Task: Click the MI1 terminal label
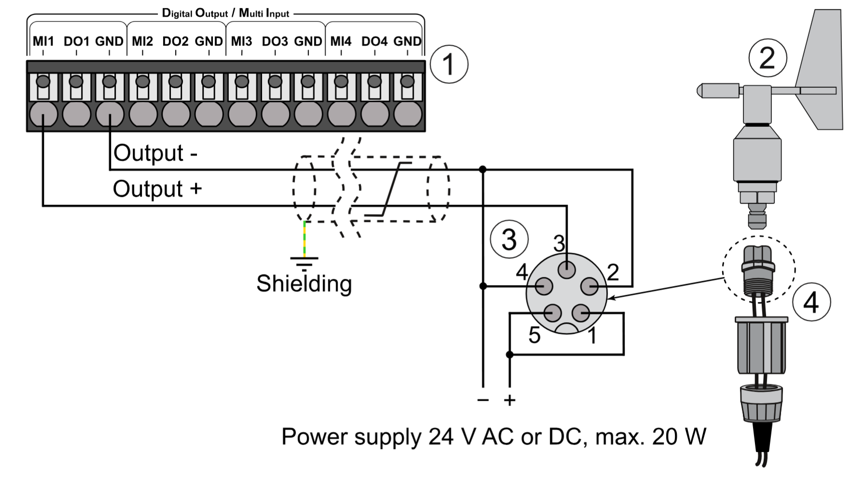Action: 43,41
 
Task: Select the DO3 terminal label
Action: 275,41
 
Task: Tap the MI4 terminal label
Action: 341,41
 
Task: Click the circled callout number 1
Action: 448,64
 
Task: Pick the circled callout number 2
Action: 767,58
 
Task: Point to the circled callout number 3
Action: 509,239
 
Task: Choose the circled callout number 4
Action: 811,302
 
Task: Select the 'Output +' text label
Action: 157,189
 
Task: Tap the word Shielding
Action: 304,284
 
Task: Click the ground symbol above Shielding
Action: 304,263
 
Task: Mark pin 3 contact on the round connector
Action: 567,269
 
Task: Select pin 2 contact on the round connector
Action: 589,286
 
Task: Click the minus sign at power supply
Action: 483,400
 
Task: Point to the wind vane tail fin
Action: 821,72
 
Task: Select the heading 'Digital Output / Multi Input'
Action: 225,13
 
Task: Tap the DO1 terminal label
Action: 76,41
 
